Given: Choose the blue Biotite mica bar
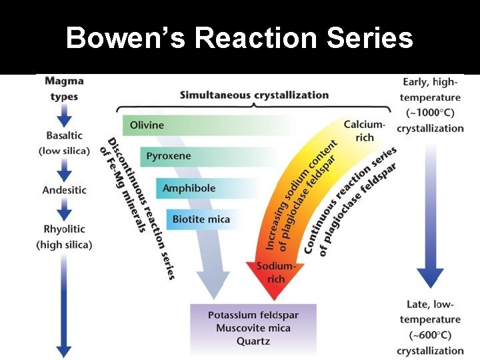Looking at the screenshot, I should tap(201, 219).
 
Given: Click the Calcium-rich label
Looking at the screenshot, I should tap(364, 131).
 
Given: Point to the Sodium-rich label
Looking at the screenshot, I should tap(275, 273).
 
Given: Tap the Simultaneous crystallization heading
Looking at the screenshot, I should tap(254, 95).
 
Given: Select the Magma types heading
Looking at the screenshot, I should tap(64, 89).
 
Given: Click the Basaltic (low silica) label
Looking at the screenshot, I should tap(64, 144).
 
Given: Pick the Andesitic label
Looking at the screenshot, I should tap(64, 190).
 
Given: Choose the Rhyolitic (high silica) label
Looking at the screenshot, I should tap(64, 237).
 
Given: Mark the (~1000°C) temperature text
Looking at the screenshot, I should tap(430, 113).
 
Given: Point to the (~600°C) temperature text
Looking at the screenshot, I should tap(430, 335).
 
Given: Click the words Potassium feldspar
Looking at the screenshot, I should tap(253, 315).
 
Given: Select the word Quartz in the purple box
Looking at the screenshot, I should tap(253, 340).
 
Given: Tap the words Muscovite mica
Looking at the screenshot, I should tap(253, 327).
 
